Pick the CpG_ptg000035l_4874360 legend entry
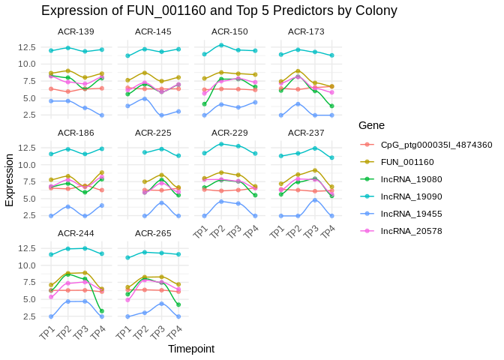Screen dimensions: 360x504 click(436, 144)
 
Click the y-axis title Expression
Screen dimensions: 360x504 click(10, 180)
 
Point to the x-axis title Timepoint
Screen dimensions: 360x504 click(191, 349)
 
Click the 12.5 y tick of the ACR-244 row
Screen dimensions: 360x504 click(27, 248)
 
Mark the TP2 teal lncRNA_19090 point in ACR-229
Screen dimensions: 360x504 click(220, 143)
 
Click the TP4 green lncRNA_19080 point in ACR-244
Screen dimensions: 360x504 click(101, 310)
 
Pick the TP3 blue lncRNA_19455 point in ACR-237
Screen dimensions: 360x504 click(315, 200)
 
